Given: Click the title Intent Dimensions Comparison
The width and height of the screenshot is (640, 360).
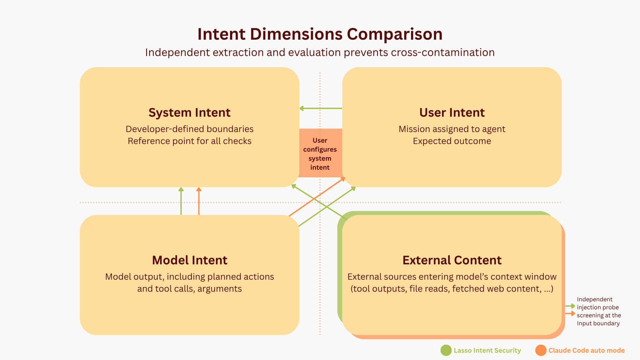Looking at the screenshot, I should click(x=320, y=34).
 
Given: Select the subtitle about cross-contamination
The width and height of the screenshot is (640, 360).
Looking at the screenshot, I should click(x=320, y=52).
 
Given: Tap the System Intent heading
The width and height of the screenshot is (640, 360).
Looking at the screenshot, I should click(x=189, y=113).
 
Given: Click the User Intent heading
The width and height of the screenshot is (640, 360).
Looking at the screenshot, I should click(x=452, y=113).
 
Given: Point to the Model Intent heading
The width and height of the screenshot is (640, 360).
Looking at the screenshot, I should click(x=189, y=260).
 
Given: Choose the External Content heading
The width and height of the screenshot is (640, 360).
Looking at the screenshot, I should click(x=452, y=260).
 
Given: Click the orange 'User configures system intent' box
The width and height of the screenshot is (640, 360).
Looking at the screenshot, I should click(x=320, y=154).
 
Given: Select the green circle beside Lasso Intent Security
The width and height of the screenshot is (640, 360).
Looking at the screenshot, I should click(x=446, y=350).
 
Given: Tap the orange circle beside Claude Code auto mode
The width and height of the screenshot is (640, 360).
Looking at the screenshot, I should click(x=541, y=350).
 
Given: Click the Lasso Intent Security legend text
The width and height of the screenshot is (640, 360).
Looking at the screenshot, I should click(x=487, y=350).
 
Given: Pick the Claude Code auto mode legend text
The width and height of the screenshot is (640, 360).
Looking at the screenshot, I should click(x=586, y=350).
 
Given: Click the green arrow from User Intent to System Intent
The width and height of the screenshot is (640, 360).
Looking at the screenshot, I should click(x=321, y=108).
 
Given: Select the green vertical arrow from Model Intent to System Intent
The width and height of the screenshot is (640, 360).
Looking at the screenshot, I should click(x=181, y=201).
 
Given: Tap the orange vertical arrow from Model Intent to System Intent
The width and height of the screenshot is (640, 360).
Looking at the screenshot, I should click(x=199, y=201).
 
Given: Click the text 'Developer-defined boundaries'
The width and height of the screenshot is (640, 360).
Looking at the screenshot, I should click(x=189, y=129).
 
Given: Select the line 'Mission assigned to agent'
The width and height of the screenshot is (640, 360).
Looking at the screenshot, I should click(x=452, y=129).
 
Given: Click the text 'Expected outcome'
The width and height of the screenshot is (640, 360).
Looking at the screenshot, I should click(x=452, y=141).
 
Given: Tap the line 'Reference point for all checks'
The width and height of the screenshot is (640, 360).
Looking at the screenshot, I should click(x=189, y=141).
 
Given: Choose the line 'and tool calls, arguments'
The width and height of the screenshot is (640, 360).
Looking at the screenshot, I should click(x=189, y=289).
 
